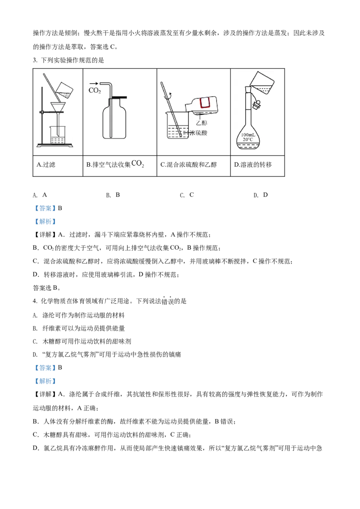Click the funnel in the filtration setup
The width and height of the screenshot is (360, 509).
[58, 108]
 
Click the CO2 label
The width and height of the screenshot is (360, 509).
[95, 91]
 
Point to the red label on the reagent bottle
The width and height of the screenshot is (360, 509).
[206, 103]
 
